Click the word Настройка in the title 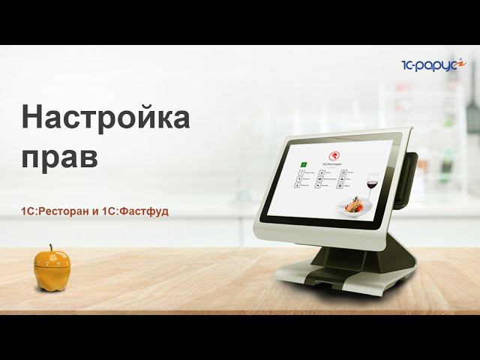pos(105,118)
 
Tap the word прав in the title pos(59,157)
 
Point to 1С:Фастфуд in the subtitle pos(139,211)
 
